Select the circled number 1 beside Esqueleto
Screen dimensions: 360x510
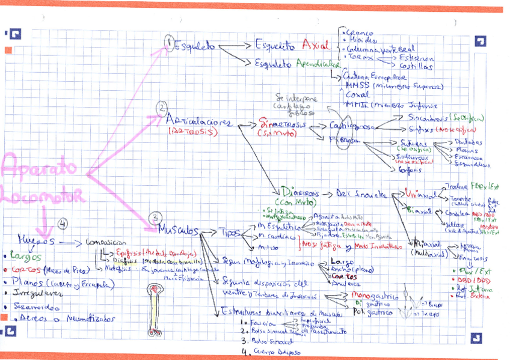pos(170,43)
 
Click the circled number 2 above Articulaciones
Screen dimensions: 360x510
pos(162,109)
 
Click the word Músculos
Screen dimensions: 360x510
pos(179,230)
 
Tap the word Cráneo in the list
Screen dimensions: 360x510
pos(359,32)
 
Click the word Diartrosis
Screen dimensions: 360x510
pos(301,194)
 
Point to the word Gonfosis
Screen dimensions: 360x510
pos(410,169)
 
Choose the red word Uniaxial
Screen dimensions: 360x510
pos(420,194)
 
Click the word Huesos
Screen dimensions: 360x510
pos(36,239)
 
